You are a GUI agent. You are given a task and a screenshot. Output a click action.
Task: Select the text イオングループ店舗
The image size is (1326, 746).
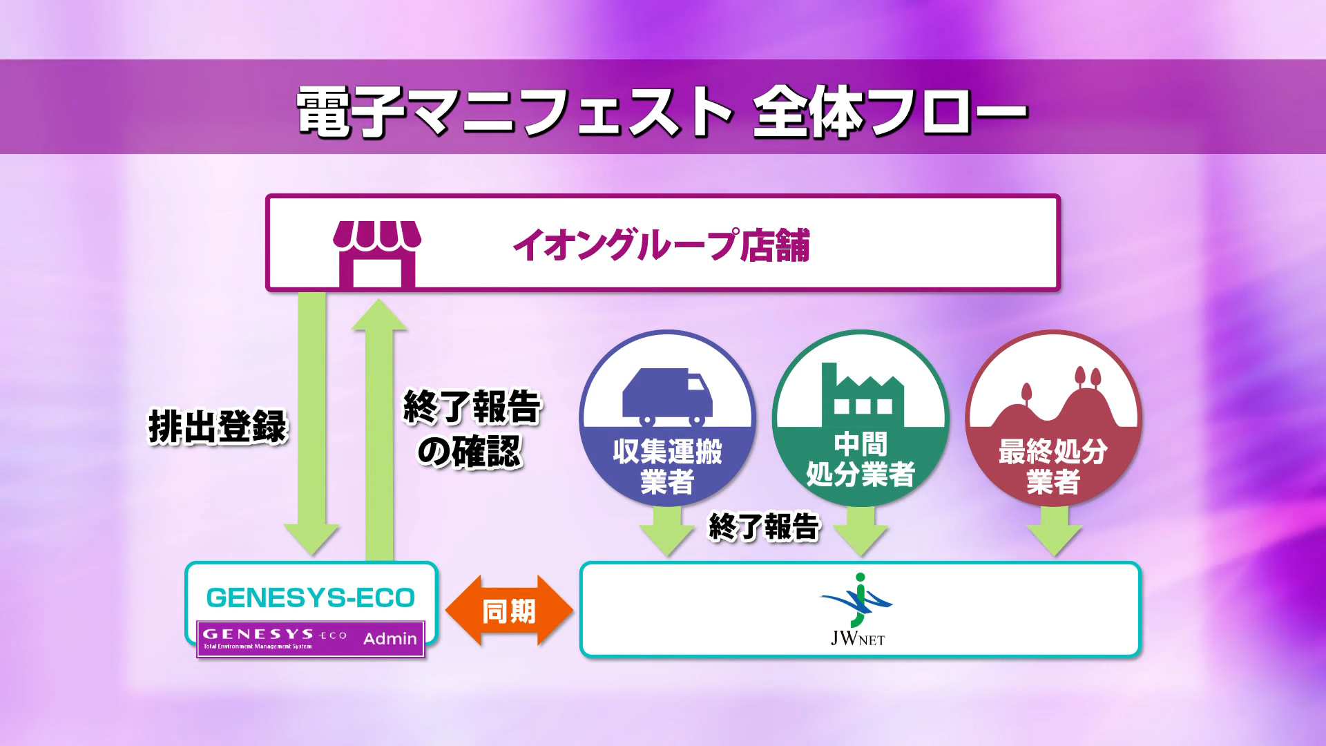click(x=661, y=245)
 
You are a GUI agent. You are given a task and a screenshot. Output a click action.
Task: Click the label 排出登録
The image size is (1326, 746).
click(x=218, y=426)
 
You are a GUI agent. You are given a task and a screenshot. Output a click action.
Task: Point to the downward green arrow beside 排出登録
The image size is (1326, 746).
click(x=311, y=423)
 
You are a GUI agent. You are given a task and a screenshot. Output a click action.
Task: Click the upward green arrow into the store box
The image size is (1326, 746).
click(x=379, y=430)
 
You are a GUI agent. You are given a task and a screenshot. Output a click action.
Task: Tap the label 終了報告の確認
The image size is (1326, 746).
click(x=472, y=429)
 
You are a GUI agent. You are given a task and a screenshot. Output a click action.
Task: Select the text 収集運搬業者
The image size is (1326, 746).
click(x=667, y=466)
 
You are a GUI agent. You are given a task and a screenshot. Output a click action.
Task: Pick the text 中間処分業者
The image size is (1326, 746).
click(x=861, y=459)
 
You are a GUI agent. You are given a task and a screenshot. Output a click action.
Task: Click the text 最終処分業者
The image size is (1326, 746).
click(x=1053, y=466)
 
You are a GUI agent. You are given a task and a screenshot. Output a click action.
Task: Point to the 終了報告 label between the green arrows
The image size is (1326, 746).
click(x=765, y=527)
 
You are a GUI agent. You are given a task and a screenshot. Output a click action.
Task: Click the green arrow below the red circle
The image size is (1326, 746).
click(x=1054, y=530)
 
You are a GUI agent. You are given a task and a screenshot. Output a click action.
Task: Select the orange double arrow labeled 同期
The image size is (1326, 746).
click(x=510, y=611)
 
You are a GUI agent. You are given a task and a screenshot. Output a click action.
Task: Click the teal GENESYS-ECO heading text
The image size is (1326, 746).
click(x=311, y=597)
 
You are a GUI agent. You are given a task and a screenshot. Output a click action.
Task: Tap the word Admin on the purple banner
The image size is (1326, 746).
click(x=390, y=639)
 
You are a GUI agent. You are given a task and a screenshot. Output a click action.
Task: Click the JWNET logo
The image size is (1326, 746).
click(x=857, y=609)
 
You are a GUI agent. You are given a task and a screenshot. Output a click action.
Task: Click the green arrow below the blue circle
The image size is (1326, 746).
click(x=667, y=530)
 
